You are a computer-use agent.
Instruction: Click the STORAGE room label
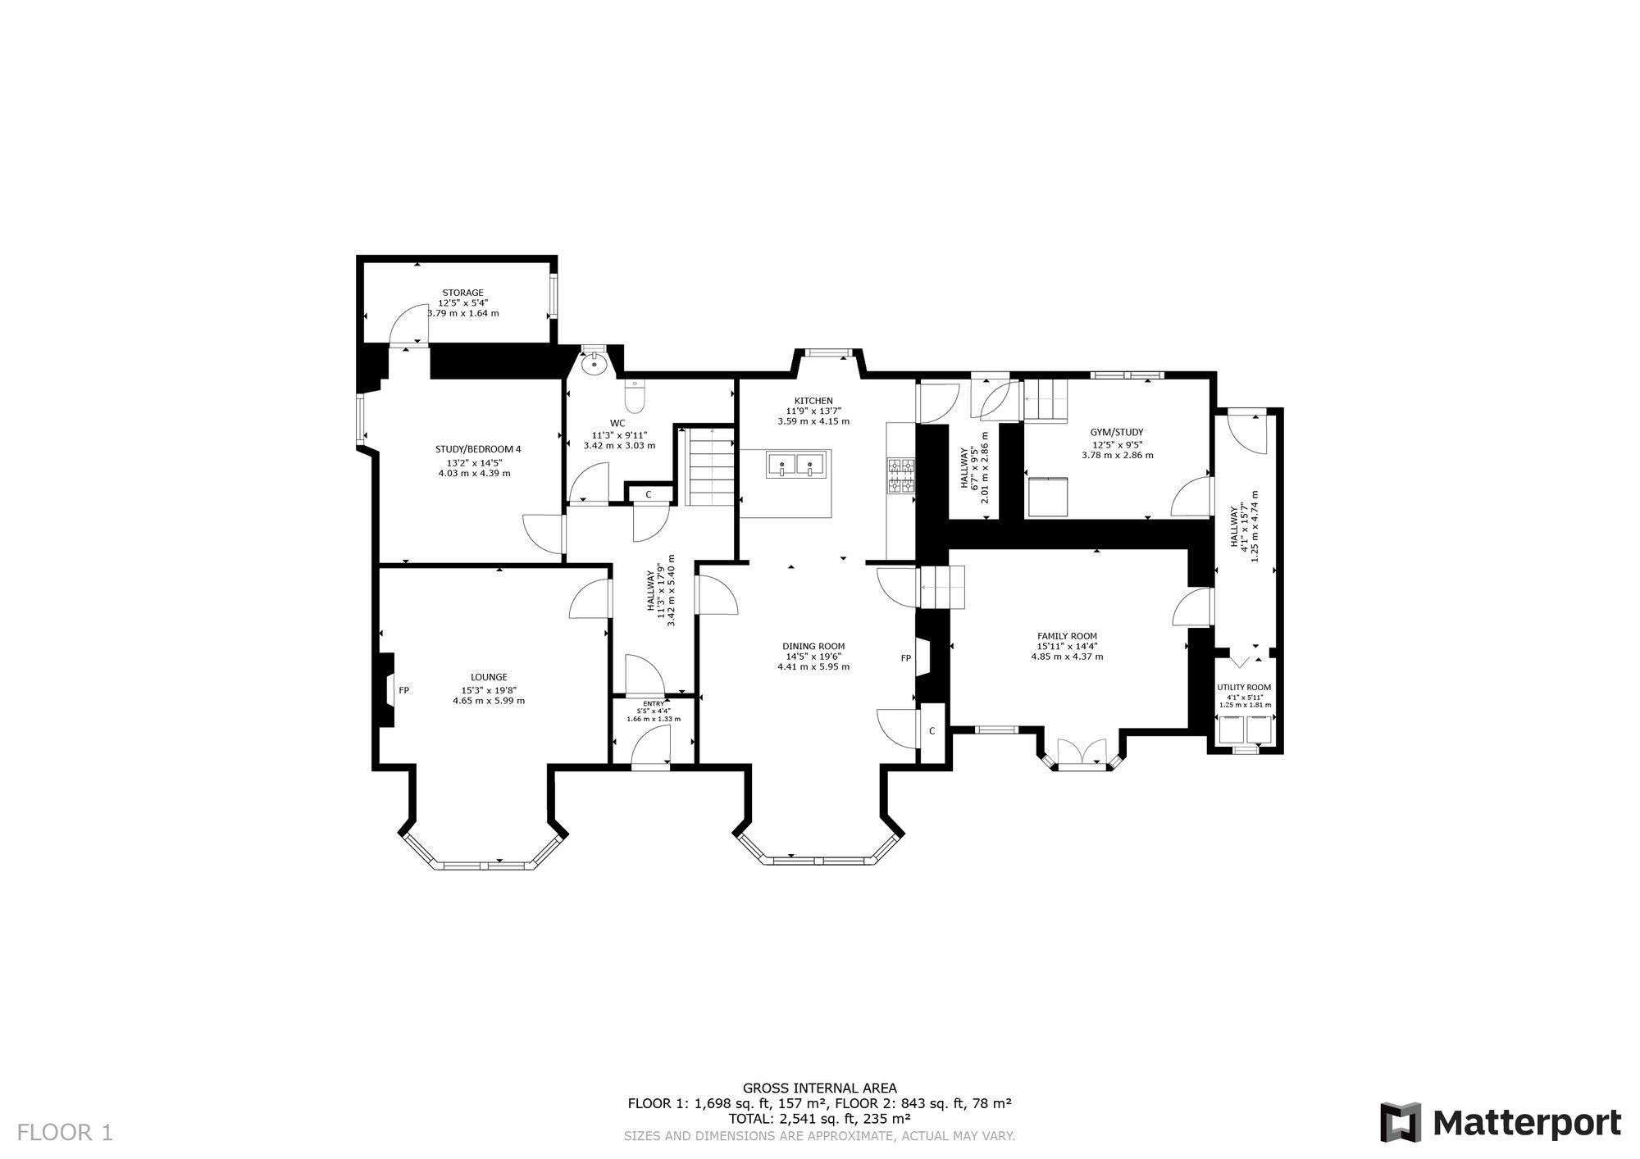click(463, 293)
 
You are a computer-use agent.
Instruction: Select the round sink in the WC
click(594, 363)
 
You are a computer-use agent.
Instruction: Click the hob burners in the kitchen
click(901, 475)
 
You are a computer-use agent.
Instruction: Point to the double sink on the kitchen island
click(796, 464)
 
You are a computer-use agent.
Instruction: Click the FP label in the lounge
click(404, 690)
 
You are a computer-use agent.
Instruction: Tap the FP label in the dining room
click(906, 658)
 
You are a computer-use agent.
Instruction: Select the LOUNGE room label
click(489, 677)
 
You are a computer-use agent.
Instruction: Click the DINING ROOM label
click(813, 646)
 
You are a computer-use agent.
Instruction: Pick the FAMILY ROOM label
click(1067, 636)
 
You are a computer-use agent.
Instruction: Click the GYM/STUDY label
click(1117, 432)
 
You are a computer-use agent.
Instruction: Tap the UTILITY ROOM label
click(1244, 688)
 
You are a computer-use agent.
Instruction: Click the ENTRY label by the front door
click(654, 703)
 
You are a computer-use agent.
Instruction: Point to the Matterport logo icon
click(1401, 1122)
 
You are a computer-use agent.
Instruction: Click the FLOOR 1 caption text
click(65, 1133)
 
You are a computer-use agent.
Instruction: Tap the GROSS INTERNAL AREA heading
click(820, 1089)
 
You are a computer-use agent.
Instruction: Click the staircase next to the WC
click(710, 469)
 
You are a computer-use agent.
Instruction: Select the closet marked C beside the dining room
click(932, 730)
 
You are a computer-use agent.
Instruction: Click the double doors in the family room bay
click(1082, 753)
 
